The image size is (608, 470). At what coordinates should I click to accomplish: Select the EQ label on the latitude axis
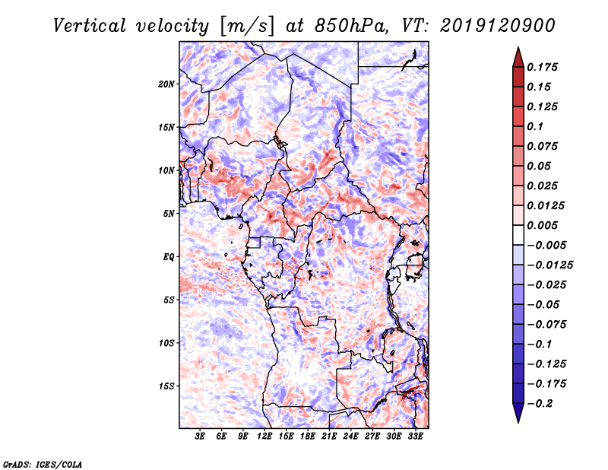169,257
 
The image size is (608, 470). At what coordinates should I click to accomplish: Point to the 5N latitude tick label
169,214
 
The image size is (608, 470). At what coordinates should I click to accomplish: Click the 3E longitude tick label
201,437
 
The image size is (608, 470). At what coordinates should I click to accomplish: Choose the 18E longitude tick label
309,437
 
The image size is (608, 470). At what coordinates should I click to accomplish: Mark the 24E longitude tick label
351,437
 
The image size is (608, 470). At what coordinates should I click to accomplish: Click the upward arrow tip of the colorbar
518,50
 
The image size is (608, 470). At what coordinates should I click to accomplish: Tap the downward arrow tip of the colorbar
518,421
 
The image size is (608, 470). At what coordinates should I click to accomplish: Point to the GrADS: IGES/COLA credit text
43,463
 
